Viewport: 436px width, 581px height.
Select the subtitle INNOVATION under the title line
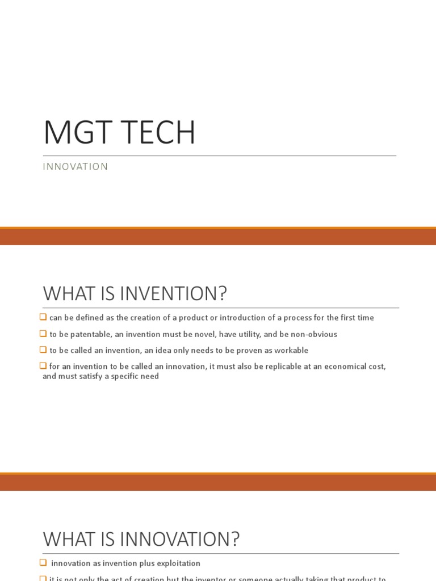pos(76,167)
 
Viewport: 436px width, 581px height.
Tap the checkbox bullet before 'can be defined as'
pos(44,317)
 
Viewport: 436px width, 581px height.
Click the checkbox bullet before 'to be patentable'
pos(44,334)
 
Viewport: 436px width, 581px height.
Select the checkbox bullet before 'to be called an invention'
pos(44,350)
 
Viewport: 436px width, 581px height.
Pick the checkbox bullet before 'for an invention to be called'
pos(44,366)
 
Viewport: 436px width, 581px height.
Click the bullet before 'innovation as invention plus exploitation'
pos(44,563)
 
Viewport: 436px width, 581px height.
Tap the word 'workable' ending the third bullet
pos(290,351)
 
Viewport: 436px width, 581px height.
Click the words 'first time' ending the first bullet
pos(357,318)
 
